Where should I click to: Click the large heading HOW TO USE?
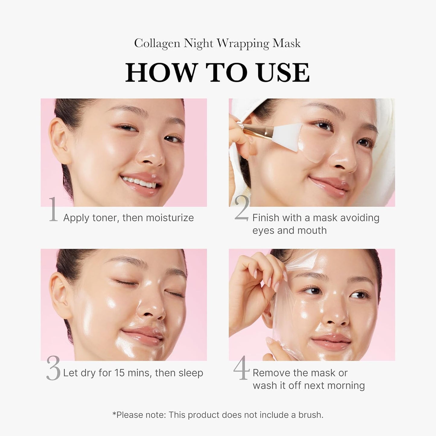218,73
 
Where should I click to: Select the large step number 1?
53,209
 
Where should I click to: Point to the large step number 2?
242,208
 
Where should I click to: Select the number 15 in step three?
119,373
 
